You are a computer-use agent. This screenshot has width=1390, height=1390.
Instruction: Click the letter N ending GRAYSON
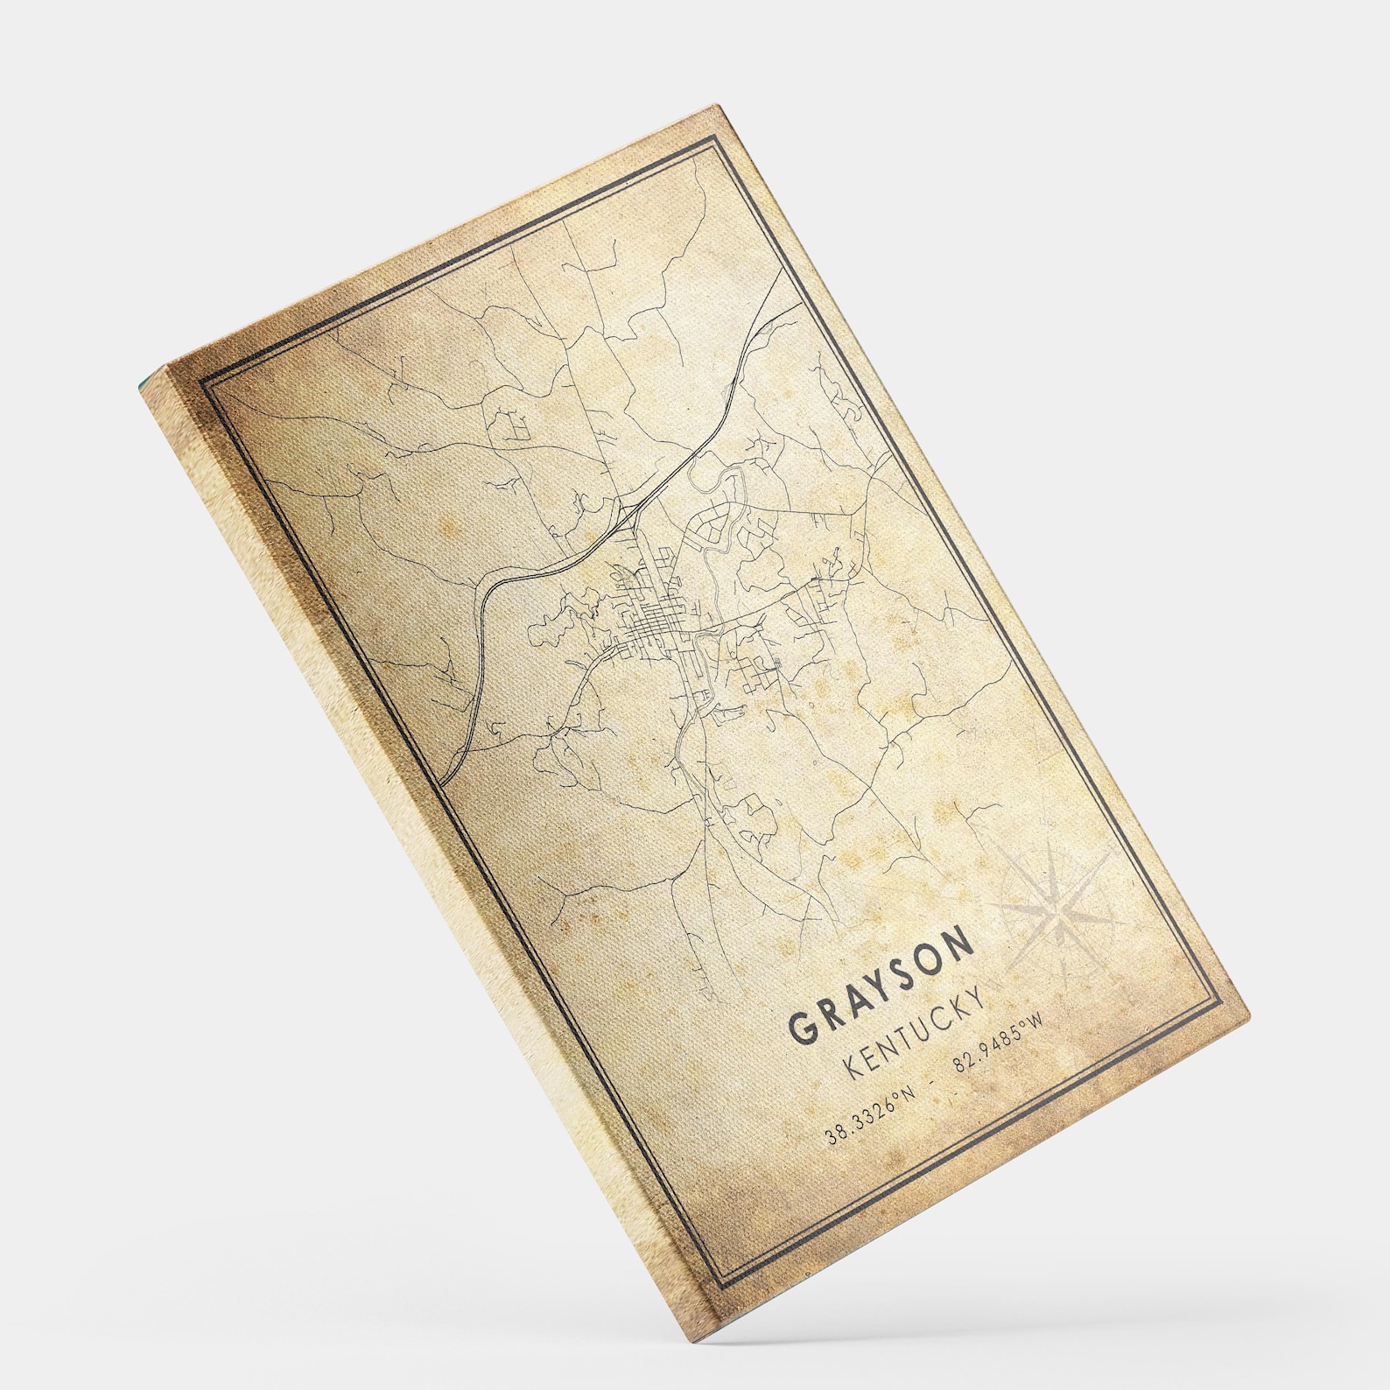(x=959, y=944)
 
